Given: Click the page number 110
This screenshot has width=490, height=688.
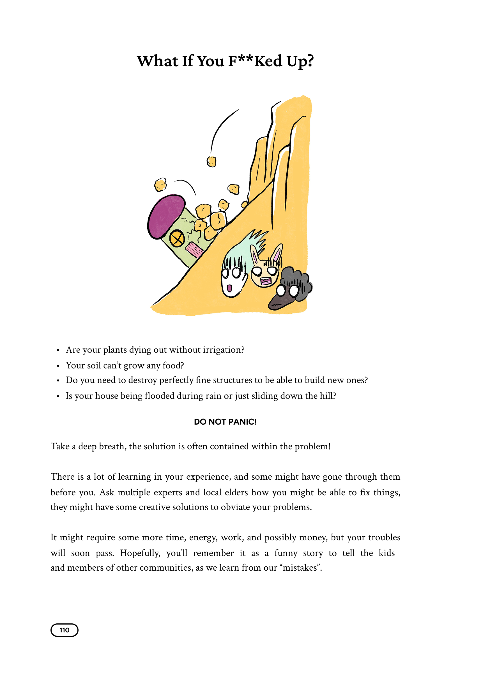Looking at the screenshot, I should tap(64, 630).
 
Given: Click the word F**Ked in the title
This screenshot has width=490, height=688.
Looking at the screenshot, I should tap(255, 61).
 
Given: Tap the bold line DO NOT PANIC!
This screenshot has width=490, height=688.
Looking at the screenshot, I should tap(226, 422).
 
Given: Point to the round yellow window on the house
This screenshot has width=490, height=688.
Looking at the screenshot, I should tap(177, 239).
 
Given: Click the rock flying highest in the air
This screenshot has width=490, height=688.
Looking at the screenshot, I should tap(211, 161).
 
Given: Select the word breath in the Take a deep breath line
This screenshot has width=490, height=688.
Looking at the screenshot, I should tap(112, 446).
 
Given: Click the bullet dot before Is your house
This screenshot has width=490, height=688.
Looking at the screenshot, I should tap(58, 396).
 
